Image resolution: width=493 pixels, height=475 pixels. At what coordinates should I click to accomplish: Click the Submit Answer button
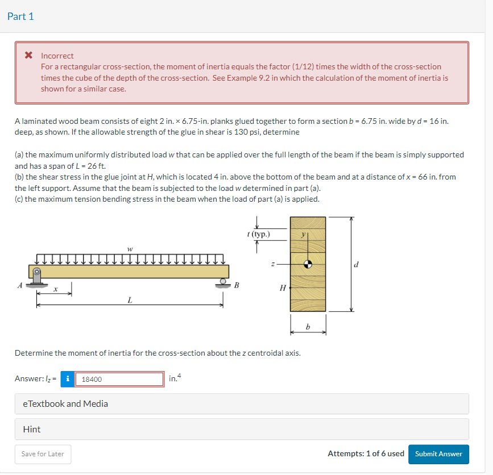438,454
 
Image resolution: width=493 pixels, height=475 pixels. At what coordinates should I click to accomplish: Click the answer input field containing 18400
121,379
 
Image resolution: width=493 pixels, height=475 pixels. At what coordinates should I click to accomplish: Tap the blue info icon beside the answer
68,379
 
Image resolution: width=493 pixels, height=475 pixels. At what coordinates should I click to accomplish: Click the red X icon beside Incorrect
28,56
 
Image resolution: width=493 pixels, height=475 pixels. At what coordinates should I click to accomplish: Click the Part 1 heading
21,16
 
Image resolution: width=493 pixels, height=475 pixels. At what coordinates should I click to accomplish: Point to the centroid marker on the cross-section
308,264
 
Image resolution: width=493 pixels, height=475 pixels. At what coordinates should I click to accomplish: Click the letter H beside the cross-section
283,288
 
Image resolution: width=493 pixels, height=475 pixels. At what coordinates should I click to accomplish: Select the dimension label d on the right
357,264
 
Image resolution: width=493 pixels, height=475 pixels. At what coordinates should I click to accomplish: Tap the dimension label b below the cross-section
308,326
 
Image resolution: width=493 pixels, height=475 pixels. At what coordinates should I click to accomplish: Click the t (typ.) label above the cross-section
259,234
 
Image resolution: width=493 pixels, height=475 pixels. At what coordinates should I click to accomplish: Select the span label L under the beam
130,299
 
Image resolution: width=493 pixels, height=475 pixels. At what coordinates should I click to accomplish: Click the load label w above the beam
130,248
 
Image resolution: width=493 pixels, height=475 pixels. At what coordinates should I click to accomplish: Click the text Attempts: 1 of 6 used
366,454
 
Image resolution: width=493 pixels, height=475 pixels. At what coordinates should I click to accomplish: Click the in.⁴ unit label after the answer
175,378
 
